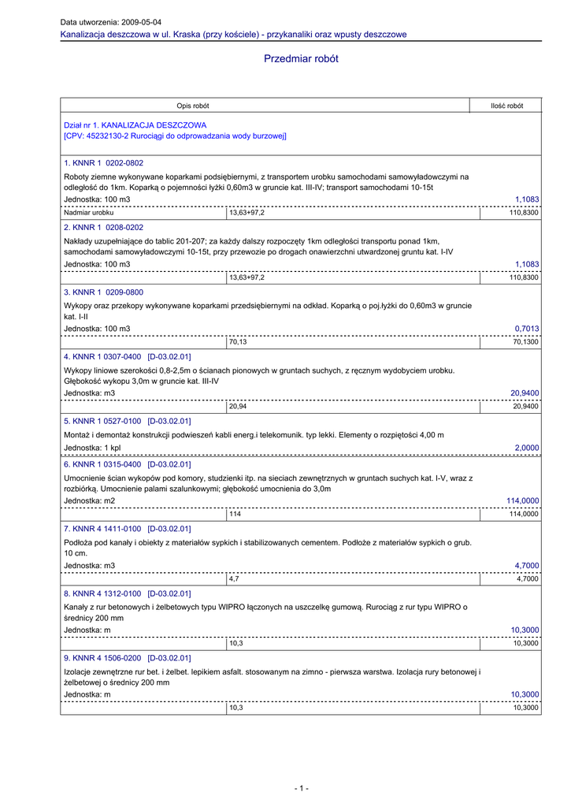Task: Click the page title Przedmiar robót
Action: [302, 59]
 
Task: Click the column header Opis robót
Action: [193, 106]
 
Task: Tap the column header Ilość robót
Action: [506, 106]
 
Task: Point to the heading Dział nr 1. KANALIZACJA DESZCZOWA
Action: [135, 125]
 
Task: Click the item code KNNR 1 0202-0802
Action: [107, 163]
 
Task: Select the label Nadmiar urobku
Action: [89, 213]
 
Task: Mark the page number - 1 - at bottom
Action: [302, 788]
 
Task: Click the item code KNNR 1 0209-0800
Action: [107, 292]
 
